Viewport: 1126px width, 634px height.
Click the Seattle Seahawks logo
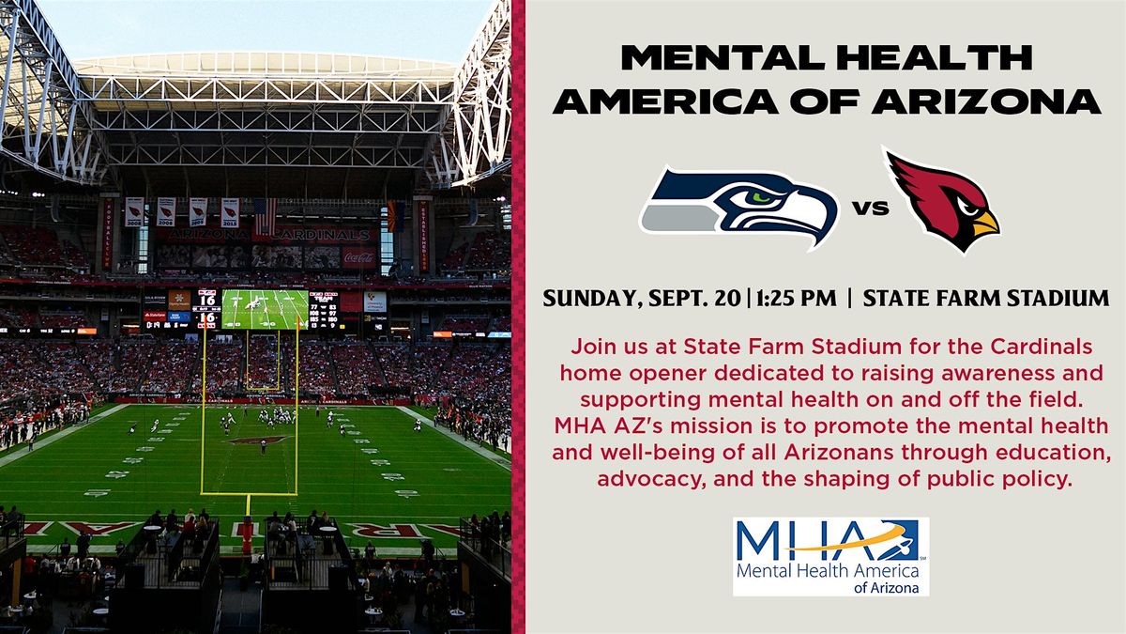tap(739, 208)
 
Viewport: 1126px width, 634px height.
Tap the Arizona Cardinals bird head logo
tap(941, 201)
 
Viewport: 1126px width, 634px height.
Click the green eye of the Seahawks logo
tap(763, 196)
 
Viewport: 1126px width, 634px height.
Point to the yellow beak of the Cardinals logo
tap(986, 224)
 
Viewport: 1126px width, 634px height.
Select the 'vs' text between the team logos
tap(871, 208)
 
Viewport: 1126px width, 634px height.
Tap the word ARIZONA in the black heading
tap(986, 101)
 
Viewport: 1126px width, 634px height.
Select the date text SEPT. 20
tap(694, 299)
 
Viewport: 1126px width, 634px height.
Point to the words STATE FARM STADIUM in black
tap(986, 299)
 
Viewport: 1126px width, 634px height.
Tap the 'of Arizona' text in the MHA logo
tap(886, 587)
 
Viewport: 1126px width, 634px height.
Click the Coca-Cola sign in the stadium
tap(358, 257)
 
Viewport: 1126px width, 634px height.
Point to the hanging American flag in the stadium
tap(265, 217)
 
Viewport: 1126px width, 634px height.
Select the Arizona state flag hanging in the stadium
tap(395, 216)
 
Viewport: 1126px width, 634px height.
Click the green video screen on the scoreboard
tap(265, 309)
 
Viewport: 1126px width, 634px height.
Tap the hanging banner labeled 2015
tap(230, 212)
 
